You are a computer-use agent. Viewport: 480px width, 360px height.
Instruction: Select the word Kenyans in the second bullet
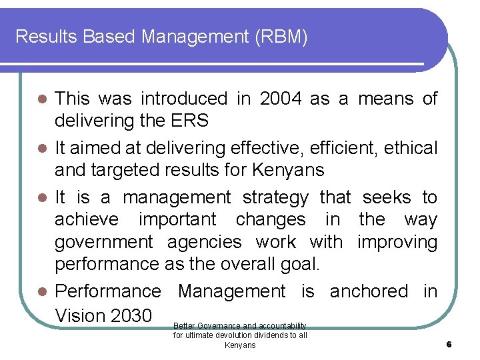point(288,171)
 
